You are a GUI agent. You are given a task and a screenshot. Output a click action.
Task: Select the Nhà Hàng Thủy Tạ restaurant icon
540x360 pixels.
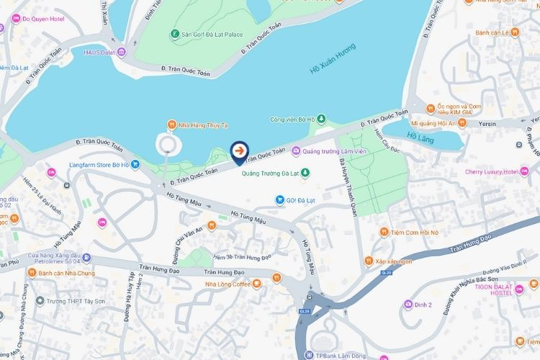(x=171, y=125)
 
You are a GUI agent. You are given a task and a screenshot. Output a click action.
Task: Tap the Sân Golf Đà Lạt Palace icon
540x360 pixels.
(x=175, y=34)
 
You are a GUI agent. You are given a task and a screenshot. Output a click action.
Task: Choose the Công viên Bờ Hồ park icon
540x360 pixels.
(x=321, y=119)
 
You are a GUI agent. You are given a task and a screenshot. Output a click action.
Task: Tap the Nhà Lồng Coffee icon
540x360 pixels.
(x=256, y=284)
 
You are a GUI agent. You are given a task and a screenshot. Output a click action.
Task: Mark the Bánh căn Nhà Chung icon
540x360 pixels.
(x=32, y=273)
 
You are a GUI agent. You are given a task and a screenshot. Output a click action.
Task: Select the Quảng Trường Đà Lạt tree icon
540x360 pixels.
(x=305, y=173)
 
